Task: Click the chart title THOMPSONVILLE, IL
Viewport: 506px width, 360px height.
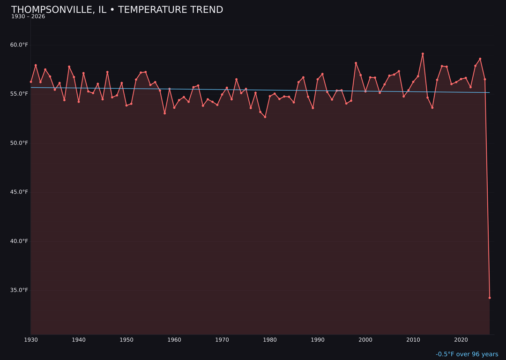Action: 117,10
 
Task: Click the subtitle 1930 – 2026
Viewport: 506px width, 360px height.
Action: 28,17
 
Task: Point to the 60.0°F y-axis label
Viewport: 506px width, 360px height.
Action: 19,45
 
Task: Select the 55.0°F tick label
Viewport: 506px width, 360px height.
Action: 19,94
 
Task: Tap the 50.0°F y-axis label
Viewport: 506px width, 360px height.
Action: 19,143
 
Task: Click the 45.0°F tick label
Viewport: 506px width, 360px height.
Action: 19,192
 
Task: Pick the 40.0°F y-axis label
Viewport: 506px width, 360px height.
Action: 19,241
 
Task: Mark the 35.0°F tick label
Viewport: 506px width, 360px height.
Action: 19,290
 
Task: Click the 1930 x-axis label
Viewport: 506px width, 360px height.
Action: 31,340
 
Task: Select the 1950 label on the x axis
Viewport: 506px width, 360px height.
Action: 126,340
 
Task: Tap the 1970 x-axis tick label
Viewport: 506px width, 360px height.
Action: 222,340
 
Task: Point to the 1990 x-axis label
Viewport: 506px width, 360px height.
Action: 318,340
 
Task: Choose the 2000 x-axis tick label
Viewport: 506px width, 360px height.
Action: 365,340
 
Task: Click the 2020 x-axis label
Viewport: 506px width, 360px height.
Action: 461,340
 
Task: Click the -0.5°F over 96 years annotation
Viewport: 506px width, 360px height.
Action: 467,354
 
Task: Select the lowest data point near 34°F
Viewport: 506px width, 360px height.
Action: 490,298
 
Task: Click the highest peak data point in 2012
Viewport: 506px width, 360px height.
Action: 423,54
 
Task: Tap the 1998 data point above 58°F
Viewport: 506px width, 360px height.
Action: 356,63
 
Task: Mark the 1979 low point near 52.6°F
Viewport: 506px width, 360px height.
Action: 265,117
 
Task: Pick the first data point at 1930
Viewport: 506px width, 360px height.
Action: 31,82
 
